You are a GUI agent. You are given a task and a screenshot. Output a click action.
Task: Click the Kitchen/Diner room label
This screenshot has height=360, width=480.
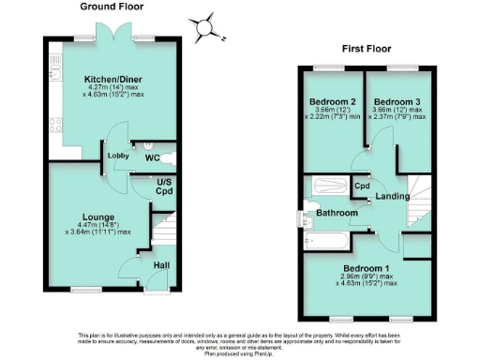point(108,79)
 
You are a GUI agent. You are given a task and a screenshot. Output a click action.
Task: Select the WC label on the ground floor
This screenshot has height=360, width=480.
point(153,157)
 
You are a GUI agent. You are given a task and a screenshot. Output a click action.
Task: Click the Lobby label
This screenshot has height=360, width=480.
point(118,155)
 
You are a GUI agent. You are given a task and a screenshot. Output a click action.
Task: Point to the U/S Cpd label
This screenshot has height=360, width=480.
point(165,186)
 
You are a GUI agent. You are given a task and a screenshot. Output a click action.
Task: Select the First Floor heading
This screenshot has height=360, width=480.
point(366,48)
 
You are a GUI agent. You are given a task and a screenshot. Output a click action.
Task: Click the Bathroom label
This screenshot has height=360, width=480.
point(337,214)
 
